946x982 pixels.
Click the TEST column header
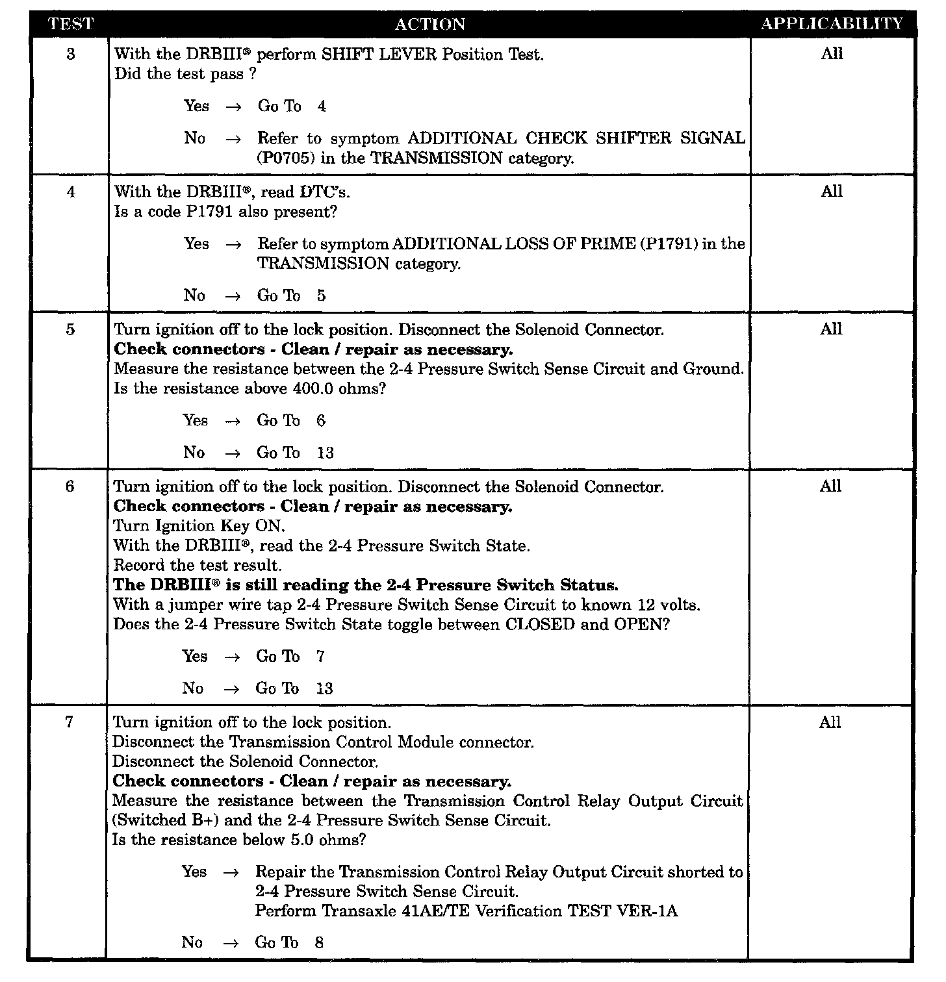[71, 24]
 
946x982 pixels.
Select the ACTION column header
[430, 24]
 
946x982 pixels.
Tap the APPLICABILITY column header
[832, 24]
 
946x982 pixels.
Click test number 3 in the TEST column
[71, 54]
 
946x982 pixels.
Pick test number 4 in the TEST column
[71, 192]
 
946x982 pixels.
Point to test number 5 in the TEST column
[71, 329]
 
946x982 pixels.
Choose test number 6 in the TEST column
[71, 486]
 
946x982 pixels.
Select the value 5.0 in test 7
[299, 840]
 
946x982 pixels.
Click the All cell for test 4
[831, 192]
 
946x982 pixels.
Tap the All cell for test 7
[830, 722]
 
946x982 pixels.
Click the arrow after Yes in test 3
[233, 107]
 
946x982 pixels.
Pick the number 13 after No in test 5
[325, 453]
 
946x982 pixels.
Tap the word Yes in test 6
[195, 656]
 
